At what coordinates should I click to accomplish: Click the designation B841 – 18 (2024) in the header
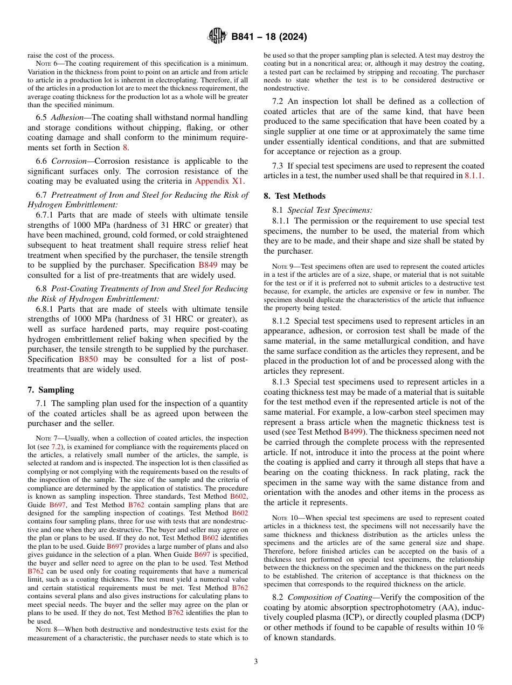[x=269, y=37]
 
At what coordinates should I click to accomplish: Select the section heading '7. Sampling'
[x=51, y=390]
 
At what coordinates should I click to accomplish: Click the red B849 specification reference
[x=209, y=265]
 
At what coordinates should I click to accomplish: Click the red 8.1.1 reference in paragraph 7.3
[x=474, y=176]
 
